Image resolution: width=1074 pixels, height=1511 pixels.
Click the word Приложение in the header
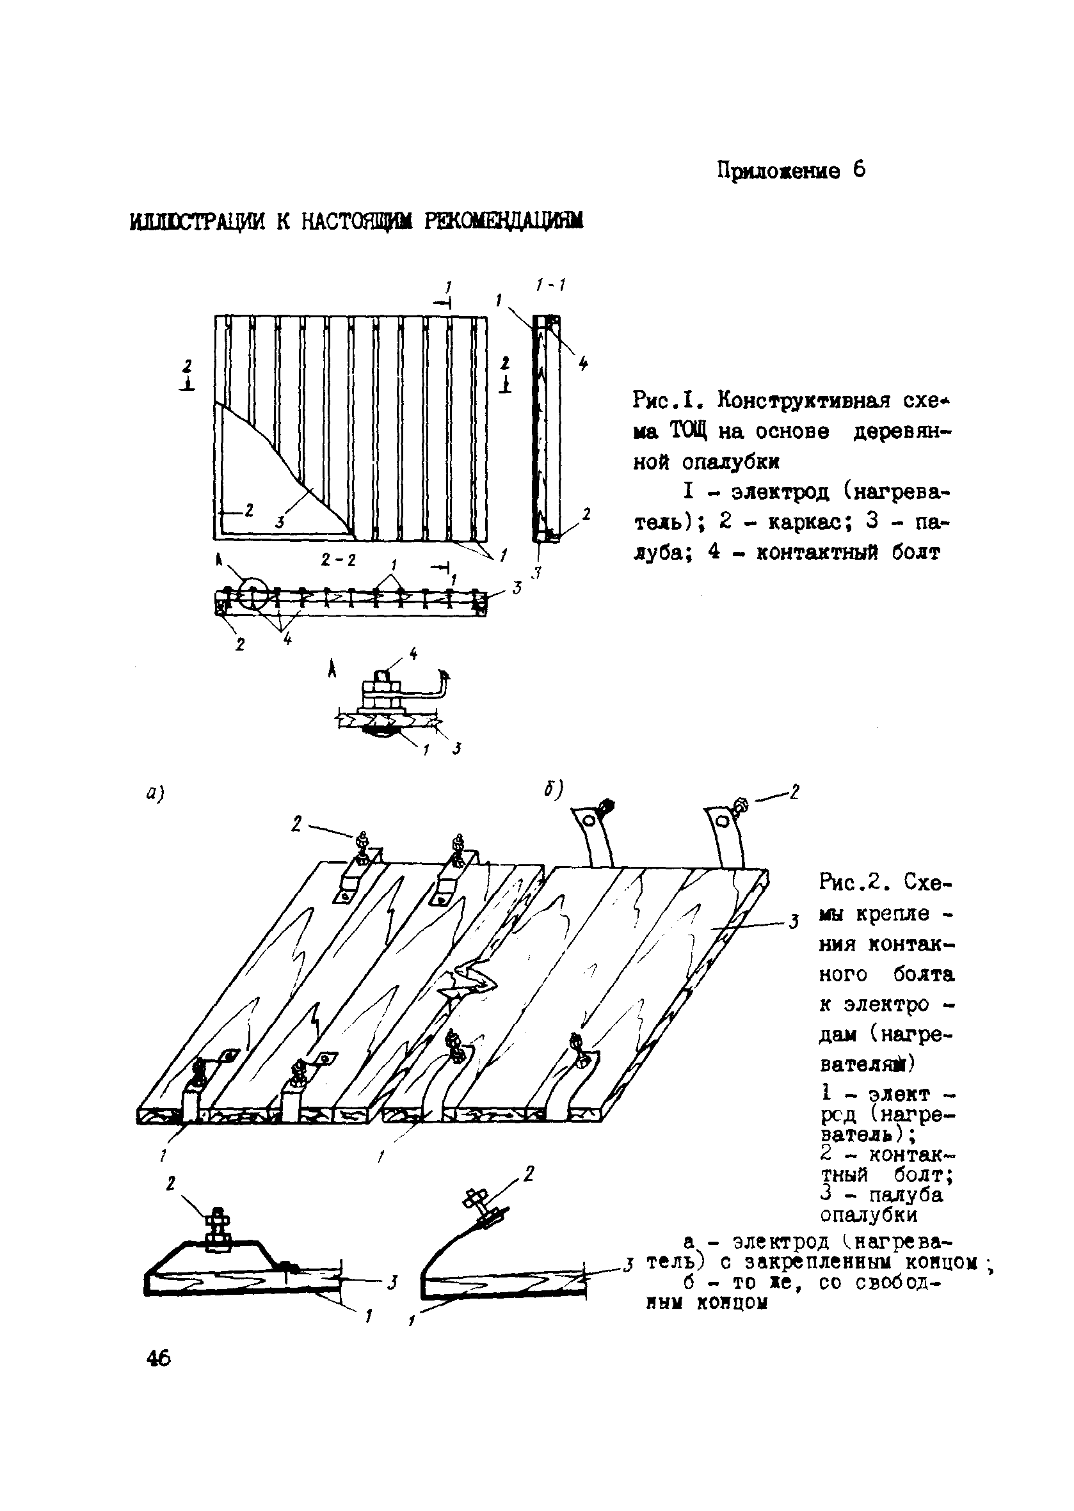pos(779,171)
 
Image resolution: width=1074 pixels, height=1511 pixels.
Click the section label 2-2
pos(339,560)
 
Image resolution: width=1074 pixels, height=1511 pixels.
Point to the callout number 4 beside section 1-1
pos(582,363)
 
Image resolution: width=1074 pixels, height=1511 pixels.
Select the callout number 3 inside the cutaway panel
pos(280,522)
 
